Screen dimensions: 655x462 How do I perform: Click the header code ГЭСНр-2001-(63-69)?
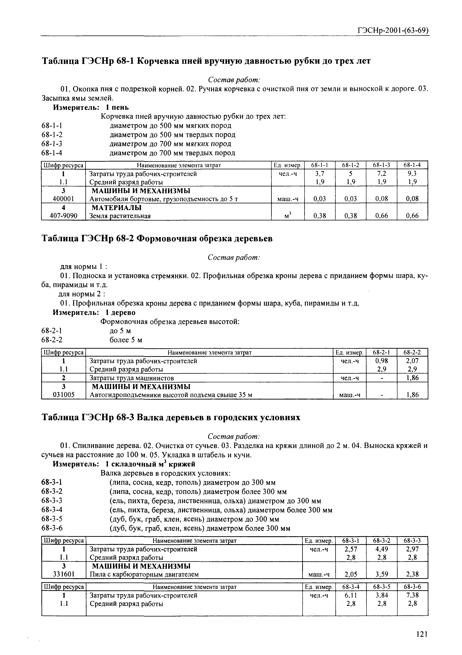tap(393, 31)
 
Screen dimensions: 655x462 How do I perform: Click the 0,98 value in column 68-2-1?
tap(382, 361)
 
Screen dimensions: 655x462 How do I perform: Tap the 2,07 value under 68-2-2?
tap(412, 361)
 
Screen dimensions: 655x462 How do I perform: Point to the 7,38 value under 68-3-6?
tap(412, 595)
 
